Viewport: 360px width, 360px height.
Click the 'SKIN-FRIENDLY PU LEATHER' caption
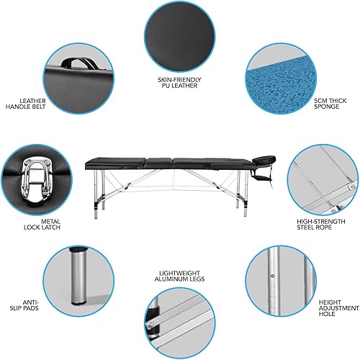pyautogui.click(x=179, y=81)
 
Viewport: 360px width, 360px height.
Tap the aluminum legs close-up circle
pyautogui.click(x=179, y=325)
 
